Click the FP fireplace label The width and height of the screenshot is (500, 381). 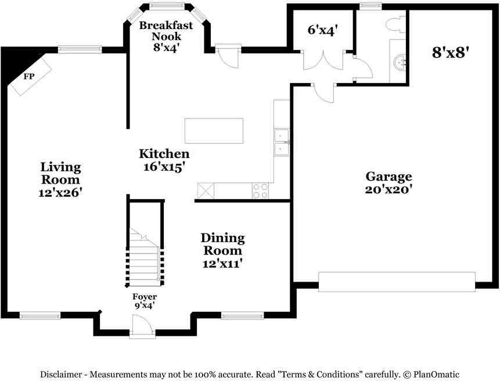pyautogui.click(x=28, y=76)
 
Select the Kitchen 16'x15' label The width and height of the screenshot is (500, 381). pyautogui.click(x=164, y=160)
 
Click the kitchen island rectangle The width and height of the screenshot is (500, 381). pyautogui.click(x=214, y=131)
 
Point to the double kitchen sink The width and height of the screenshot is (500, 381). pyautogui.click(x=282, y=143)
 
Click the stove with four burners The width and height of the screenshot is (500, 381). pyautogui.click(x=261, y=190)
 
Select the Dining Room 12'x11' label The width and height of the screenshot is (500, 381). pyautogui.click(x=222, y=250)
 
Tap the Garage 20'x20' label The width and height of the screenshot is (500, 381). pyautogui.click(x=389, y=182)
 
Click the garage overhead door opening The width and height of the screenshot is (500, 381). pyautogui.click(x=397, y=282)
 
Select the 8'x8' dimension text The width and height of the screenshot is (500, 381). pyautogui.click(x=451, y=52)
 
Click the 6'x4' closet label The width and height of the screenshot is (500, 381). pyautogui.click(x=322, y=30)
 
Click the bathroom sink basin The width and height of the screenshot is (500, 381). pyautogui.click(x=400, y=62)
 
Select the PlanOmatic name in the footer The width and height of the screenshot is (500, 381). pyautogui.click(x=437, y=375)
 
